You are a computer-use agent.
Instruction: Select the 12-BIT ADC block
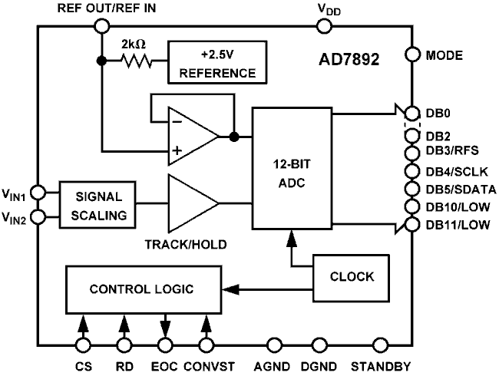pyautogui.click(x=292, y=168)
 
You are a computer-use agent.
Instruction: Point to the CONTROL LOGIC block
pyautogui.click(x=137, y=289)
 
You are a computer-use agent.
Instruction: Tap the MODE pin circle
pyautogui.click(x=411, y=55)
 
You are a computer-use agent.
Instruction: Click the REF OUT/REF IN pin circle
pyautogui.click(x=101, y=26)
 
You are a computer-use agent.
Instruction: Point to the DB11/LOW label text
pyautogui.click(x=458, y=223)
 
